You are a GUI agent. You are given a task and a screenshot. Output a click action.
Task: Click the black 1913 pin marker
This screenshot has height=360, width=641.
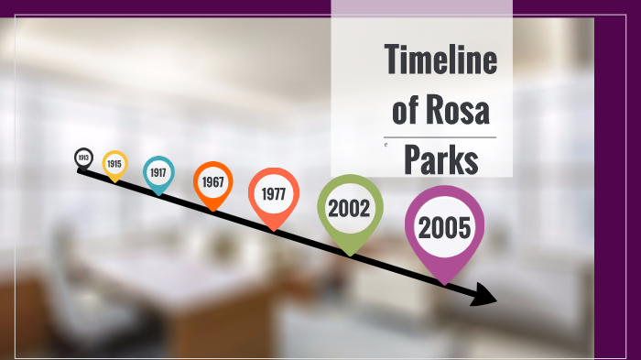click(x=83, y=158)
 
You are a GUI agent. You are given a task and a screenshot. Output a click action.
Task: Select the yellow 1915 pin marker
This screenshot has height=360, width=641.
click(x=114, y=163)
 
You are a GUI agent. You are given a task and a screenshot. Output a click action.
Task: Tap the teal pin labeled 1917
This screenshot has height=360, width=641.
click(x=158, y=171)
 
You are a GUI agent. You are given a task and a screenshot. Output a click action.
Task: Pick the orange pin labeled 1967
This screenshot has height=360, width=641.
click(x=212, y=181)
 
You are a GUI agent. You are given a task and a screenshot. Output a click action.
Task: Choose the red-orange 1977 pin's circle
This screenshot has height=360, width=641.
click(x=273, y=193)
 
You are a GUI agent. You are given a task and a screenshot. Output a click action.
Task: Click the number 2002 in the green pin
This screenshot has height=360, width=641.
click(x=349, y=208)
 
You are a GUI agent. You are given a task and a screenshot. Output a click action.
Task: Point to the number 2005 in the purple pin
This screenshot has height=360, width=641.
click(x=444, y=227)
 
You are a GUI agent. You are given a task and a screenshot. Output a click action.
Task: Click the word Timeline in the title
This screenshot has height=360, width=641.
click(x=440, y=61)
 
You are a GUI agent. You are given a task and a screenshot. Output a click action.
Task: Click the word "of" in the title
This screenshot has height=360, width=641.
click(x=406, y=111)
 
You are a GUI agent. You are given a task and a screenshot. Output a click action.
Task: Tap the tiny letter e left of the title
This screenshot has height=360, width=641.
click(x=386, y=145)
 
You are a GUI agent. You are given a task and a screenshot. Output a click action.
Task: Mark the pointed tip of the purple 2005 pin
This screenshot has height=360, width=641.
click(x=446, y=282)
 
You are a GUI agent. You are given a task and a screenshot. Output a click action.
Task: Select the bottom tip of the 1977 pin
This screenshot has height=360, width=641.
click(x=272, y=229)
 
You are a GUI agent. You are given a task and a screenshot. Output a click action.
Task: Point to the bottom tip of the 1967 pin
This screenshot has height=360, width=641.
click(x=212, y=210)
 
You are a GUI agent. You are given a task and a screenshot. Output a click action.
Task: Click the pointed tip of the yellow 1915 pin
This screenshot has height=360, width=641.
click(x=114, y=181)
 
